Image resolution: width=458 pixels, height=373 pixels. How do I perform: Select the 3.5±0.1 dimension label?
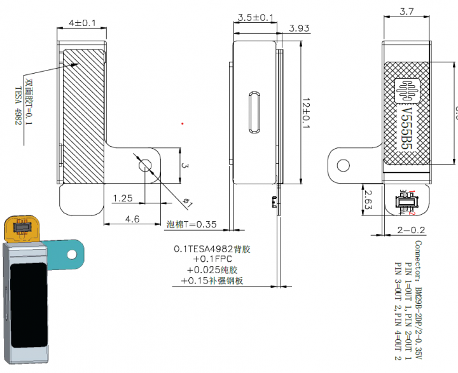255,17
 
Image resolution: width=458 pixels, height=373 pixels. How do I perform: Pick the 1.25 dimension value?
122,198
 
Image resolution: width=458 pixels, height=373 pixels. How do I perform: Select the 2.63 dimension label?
369,200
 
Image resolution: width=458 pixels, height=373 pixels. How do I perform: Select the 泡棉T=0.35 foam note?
191,224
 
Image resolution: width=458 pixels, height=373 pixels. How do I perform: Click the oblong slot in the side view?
255,112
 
